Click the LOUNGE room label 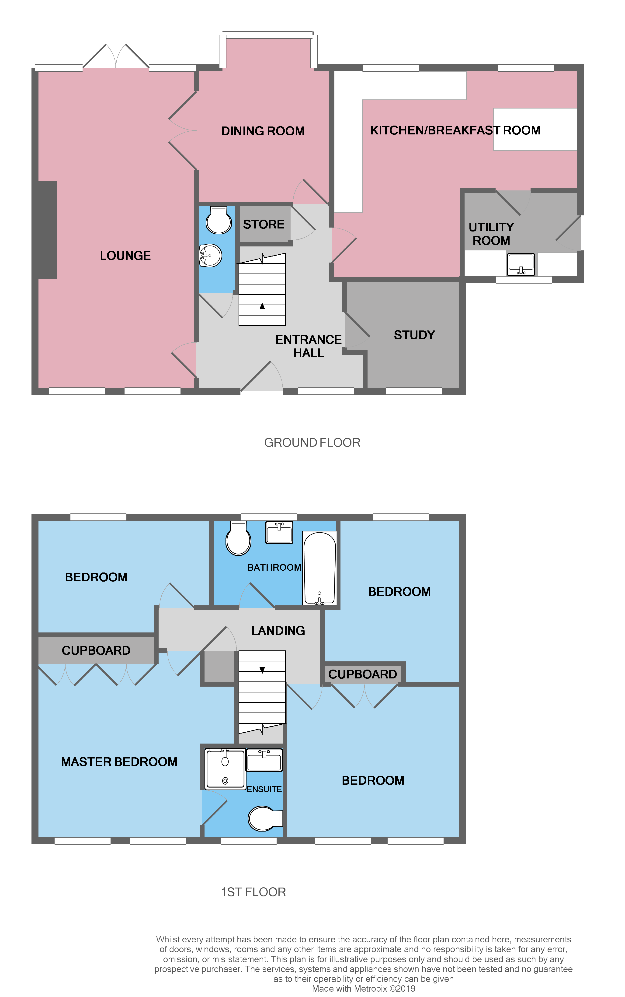tap(125, 256)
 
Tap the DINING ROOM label tap(263, 131)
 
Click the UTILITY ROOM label tap(491, 234)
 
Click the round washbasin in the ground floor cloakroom tap(211, 255)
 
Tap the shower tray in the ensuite tap(225, 769)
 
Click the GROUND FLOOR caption tap(312, 443)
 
